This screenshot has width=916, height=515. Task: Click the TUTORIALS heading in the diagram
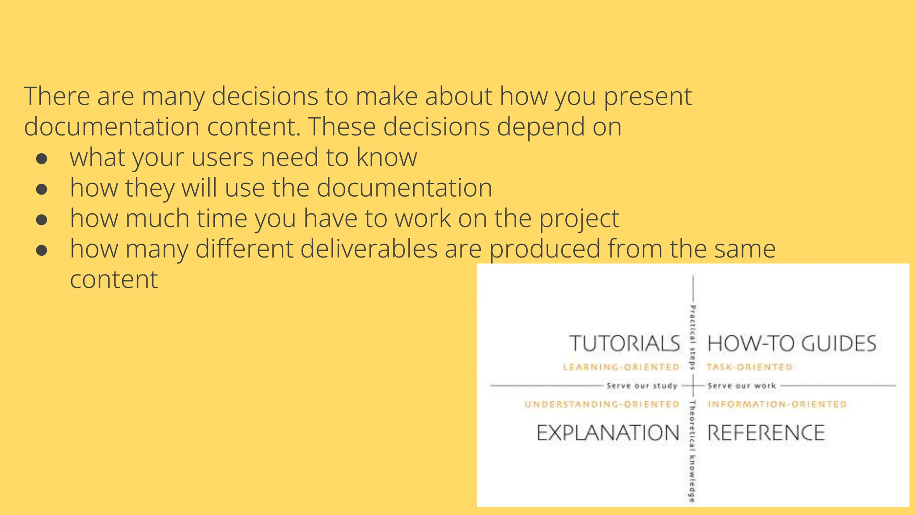624,343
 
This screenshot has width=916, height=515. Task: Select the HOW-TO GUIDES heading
792,343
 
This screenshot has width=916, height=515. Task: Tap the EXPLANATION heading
608,433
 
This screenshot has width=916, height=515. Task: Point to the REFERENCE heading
766,433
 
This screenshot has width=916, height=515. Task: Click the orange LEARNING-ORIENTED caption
621,367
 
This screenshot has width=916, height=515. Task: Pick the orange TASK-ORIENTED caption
749,367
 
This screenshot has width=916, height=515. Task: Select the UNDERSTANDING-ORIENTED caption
602,404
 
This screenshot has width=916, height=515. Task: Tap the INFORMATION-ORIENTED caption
777,404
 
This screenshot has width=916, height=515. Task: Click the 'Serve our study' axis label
642,385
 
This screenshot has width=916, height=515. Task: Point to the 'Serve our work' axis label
742,385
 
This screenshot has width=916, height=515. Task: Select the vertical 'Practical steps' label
692,338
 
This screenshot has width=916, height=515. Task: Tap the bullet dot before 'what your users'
42,159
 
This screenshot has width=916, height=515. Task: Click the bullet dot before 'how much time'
42,220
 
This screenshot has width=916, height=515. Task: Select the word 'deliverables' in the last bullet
369,249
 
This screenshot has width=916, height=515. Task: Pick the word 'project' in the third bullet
579,219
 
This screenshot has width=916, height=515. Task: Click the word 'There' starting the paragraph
57,96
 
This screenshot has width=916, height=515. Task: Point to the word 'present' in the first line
647,97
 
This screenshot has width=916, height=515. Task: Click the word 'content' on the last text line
114,279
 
